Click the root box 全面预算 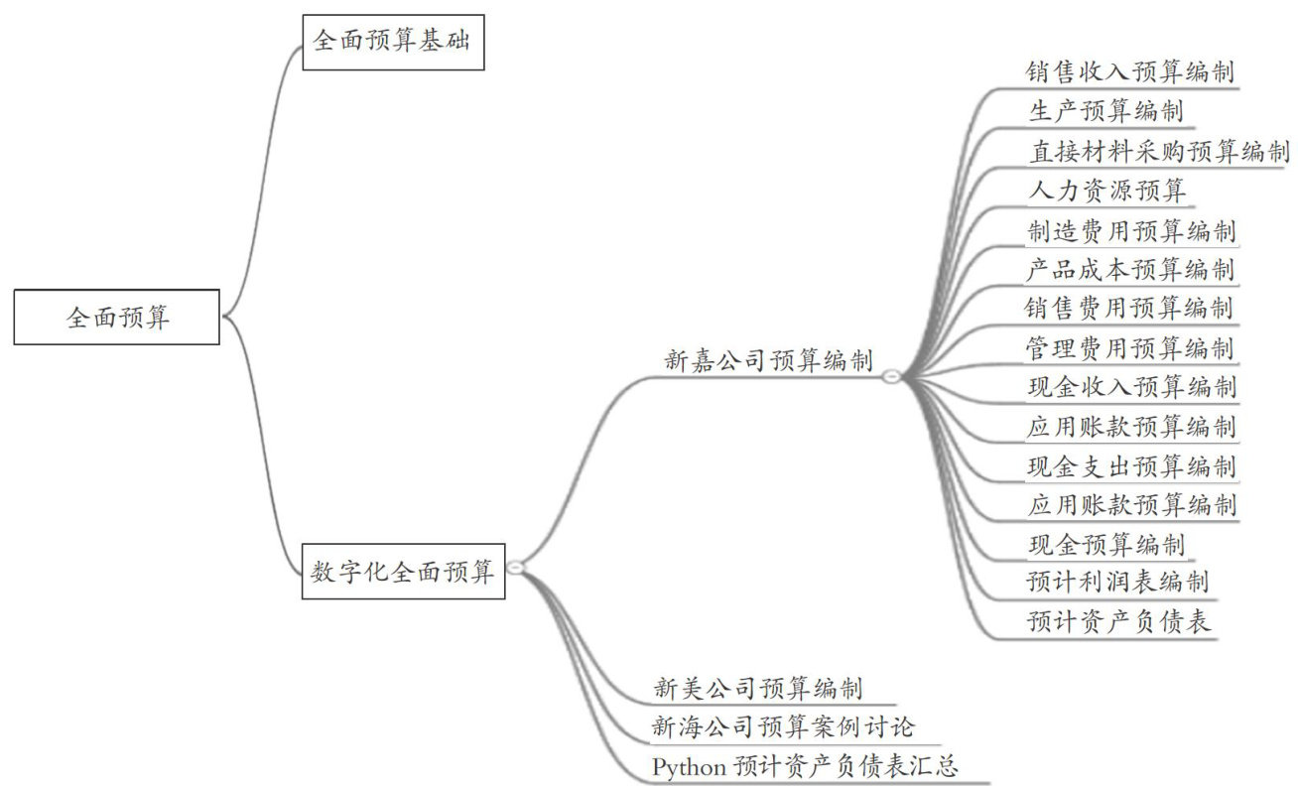click(117, 318)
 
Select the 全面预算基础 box click(394, 43)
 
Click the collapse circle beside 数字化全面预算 click(516, 568)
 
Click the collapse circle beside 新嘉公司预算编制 click(891, 376)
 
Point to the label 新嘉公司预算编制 click(768, 360)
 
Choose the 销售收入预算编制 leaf click(1131, 72)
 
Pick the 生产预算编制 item click(1105, 111)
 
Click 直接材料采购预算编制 click(1158, 151)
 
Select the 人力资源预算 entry click(1106, 190)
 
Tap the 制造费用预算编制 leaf click(1131, 231)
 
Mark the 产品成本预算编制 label click(1131, 269)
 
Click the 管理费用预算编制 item click(1129, 348)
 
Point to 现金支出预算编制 click(1131, 465)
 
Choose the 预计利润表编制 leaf click(1117, 582)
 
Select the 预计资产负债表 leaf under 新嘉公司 click(1118, 622)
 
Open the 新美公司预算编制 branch click(758, 688)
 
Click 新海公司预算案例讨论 click(783, 727)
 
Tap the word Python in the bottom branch click(689, 767)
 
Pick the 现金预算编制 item click(1105, 544)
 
